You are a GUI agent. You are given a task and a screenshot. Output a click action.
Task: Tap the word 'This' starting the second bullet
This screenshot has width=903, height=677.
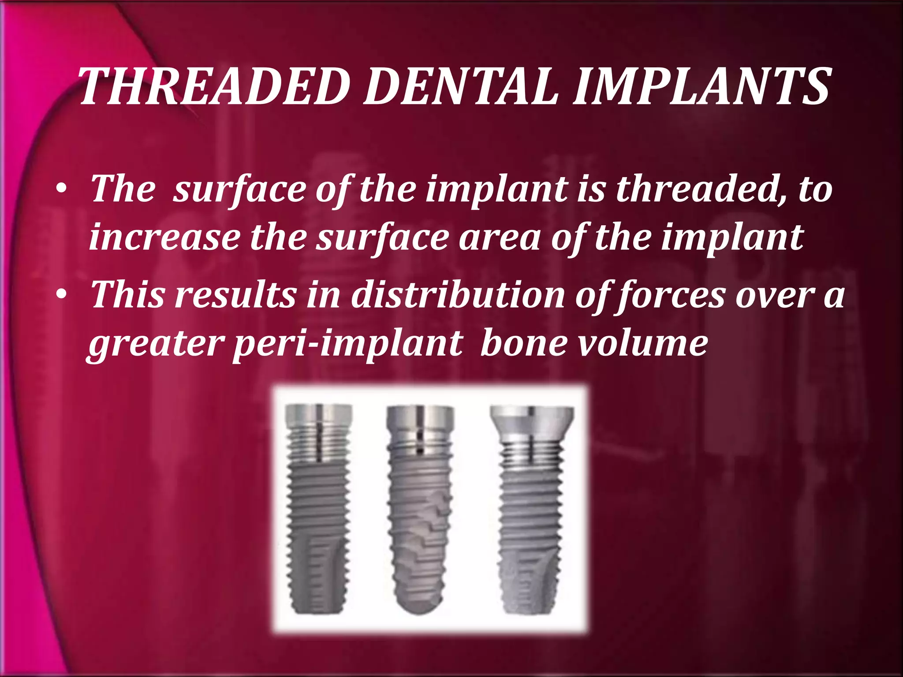tap(127, 294)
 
